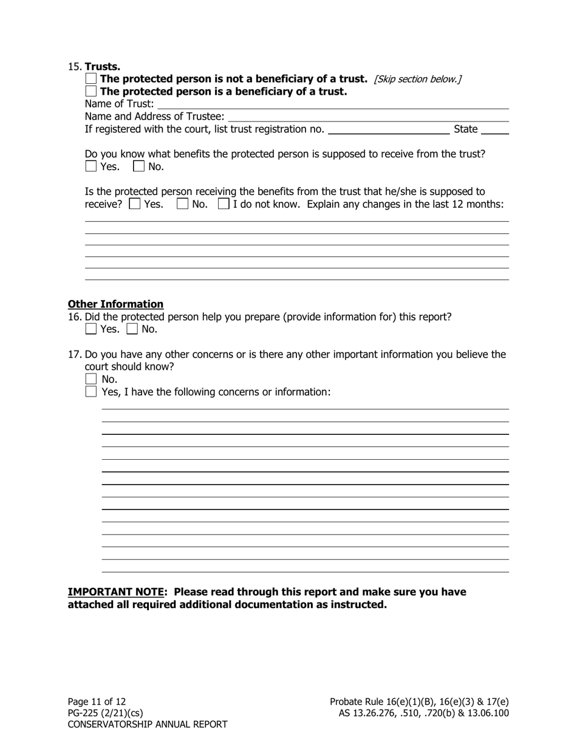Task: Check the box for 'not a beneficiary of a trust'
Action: pyautogui.click(x=91, y=79)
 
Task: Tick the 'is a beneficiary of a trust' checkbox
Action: pyautogui.click(x=91, y=92)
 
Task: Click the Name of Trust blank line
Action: pyautogui.click(x=332, y=104)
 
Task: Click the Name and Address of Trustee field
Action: pyautogui.click(x=367, y=117)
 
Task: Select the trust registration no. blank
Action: pyautogui.click(x=388, y=129)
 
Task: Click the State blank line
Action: pyautogui.click(x=495, y=129)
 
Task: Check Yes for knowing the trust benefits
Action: pyautogui.click(x=91, y=166)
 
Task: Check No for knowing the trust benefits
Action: pyautogui.click(x=139, y=166)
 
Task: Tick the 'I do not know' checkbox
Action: pyautogui.click(x=224, y=204)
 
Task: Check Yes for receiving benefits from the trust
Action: pyautogui.click(x=135, y=204)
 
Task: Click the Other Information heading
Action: pyautogui.click(x=115, y=304)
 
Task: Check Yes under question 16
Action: pyautogui.click(x=91, y=329)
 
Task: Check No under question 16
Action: pyautogui.click(x=132, y=329)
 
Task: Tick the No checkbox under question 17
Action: pyautogui.click(x=91, y=380)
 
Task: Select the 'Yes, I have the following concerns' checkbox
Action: pyautogui.click(x=91, y=392)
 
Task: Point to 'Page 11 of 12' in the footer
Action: pyautogui.click(x=97, y=701)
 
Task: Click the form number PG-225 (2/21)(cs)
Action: pyautogui.click(x=105, y=713)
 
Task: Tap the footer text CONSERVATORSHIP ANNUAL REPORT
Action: pyautogui.click(x=148, y=725)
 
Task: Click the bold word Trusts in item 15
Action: pyautogui.click(x=103, y=66)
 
